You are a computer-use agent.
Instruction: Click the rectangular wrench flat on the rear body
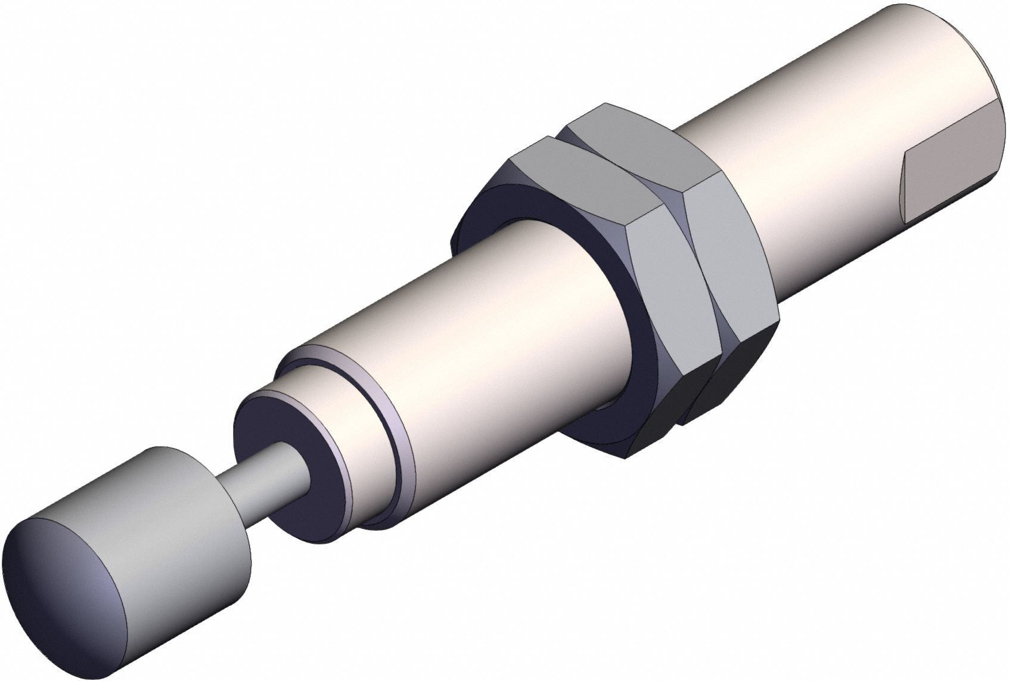click(948, 185)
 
